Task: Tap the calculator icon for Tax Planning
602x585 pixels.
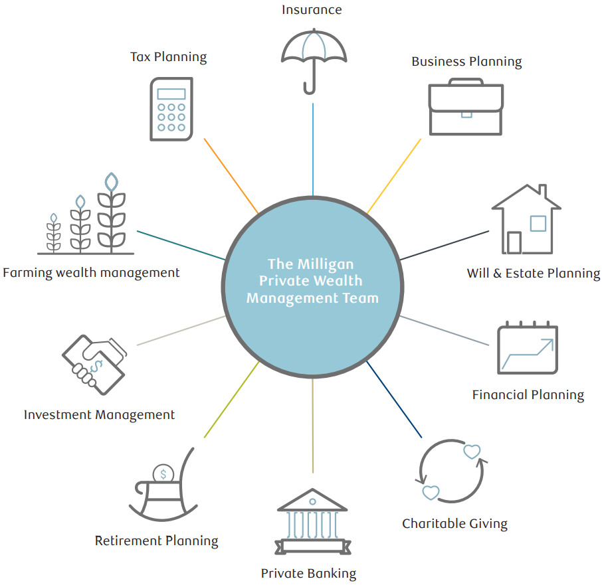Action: pyautogui.click(x=171, y=109)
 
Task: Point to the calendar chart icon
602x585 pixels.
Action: pyautogui.click(x=528, y=348)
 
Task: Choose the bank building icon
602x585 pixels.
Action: pyautogui.click(x=312, y=521)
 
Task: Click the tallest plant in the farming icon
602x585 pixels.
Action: pyautogui.click(x=112, y=212)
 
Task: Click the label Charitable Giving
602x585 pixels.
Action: pyautogui.click(x=454, y=523)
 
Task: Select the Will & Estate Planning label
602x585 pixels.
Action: pyautogui.click(x=533, y=273)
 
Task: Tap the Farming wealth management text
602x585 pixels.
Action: pyautogui.click(x=91, y=272)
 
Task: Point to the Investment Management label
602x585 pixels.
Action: pyautogui.click(x=99, y=415)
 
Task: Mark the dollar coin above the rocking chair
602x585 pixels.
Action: pyautogui.click(x=163, y=474)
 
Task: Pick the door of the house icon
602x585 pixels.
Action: pyautogui.click(x=514, y=242)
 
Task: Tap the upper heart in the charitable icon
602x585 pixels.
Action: pyautogui.click(x=471, y=452)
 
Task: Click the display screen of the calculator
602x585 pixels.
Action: pyautogui.click(x=171, y=93)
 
